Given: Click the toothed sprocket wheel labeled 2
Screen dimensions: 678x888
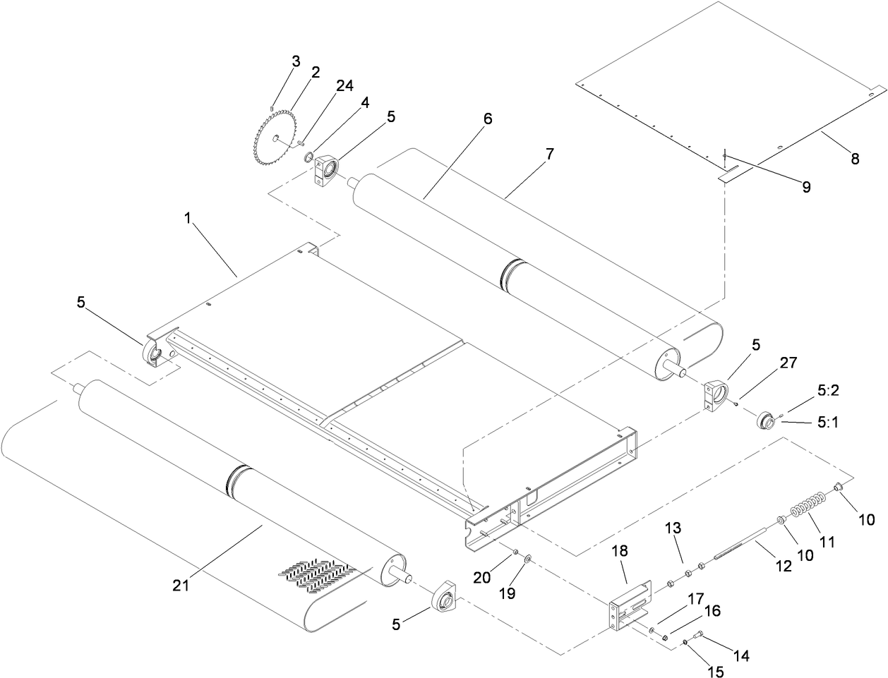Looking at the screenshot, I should pos(272,134).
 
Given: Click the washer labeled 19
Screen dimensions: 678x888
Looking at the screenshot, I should pos(527,560).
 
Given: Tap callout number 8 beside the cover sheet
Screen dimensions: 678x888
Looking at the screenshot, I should pos(855,159).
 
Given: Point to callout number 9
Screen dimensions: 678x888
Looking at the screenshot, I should pos(804,187).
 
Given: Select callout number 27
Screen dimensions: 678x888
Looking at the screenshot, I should pos(788,363).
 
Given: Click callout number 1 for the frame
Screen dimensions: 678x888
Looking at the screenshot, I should pos(188,219).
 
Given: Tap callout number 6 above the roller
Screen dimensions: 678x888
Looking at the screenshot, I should pos(488,119).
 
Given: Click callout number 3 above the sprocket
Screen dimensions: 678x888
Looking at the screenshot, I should pos(296,61).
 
